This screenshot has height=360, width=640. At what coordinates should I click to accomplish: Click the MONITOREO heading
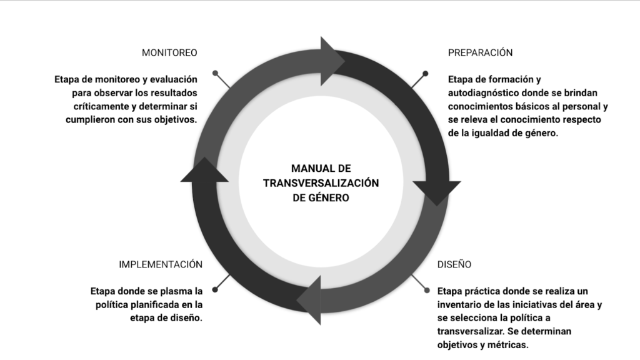tap(169, 52)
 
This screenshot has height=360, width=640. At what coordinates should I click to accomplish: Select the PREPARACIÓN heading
tap(480, 52)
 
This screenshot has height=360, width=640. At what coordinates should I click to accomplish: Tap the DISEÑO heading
tap(454, 264)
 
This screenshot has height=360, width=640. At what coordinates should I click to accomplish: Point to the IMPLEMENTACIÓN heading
tap(161, 264)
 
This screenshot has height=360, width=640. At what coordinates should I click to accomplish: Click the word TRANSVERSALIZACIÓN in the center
tap(321, 182)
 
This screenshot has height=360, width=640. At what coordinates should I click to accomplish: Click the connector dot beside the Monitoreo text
tap(215, 72)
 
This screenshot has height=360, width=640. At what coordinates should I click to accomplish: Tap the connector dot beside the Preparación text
tap(426, 72)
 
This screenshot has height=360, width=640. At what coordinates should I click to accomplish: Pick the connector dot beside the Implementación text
tap(215, 289)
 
